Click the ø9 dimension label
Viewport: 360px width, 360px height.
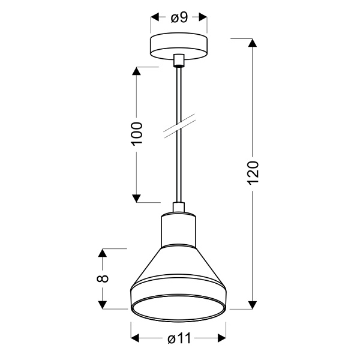coord(178,18)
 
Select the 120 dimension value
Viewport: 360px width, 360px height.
coord(253,173)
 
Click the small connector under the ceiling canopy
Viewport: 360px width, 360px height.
coord(178,60)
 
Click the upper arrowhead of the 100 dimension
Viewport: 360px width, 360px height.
coord(137,73)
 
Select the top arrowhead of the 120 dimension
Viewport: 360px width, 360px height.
coord(253,44)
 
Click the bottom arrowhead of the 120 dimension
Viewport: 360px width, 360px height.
coord(253,304)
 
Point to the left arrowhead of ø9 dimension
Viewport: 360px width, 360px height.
coord(154,18)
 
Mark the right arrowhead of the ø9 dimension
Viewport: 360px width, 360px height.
coord(203,18)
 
